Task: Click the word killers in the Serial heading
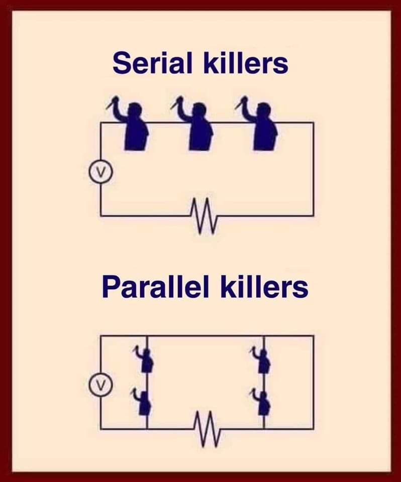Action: click(246, 63)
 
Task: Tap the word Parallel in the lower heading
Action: click(156, 287)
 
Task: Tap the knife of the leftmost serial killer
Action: click(111, 103)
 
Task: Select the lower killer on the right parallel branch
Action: click(262, 402)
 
